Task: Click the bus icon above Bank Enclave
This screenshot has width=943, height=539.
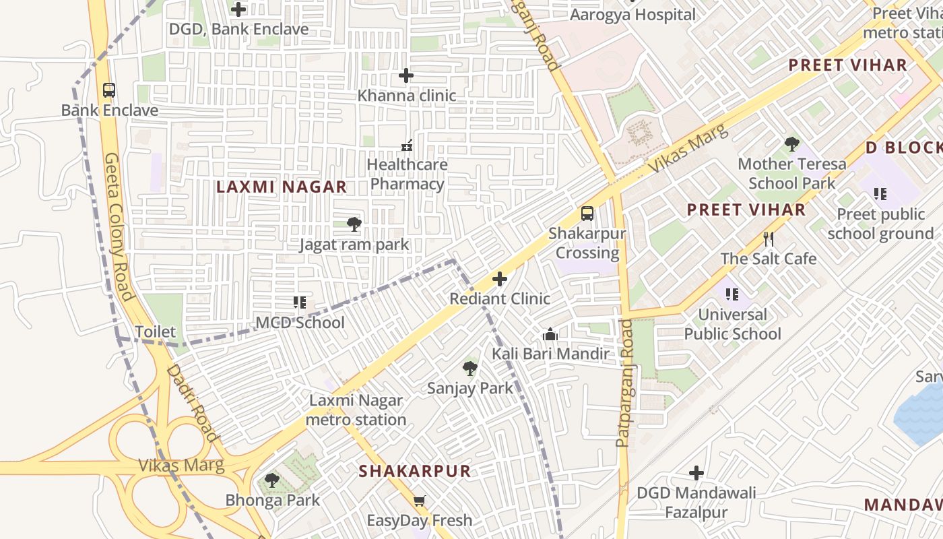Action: click(108, 90)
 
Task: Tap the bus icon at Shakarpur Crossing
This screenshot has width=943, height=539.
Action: click(587, 214)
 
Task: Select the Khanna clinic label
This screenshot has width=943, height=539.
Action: click(406, 96)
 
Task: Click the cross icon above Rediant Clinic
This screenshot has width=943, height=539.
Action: click(500, 279)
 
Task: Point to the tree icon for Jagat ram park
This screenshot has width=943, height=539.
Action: click(354, 224)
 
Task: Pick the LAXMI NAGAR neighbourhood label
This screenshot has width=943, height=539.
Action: click(282, 187)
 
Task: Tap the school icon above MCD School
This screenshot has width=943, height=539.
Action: click(300, 303)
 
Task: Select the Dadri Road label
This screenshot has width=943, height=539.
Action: click(192, 403)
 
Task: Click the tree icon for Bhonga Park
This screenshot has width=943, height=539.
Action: click(272, 480)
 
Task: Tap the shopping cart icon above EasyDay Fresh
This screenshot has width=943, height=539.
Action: click(420, 501)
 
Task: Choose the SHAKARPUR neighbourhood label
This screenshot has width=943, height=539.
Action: click(414, 471)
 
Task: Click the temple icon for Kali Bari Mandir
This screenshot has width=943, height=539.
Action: click(550, 334)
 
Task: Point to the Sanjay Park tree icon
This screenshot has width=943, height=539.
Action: click(470, 369)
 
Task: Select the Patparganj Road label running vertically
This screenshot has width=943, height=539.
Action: click(625, 383)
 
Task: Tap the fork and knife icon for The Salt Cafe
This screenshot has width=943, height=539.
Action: click(769, 239)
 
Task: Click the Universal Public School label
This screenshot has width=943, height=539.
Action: click(732, 324)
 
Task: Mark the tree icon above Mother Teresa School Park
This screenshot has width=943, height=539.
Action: click(792, 144)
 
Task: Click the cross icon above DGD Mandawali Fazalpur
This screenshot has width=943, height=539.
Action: click(696, 473)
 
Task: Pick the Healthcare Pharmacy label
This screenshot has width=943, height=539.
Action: click(407, 174)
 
